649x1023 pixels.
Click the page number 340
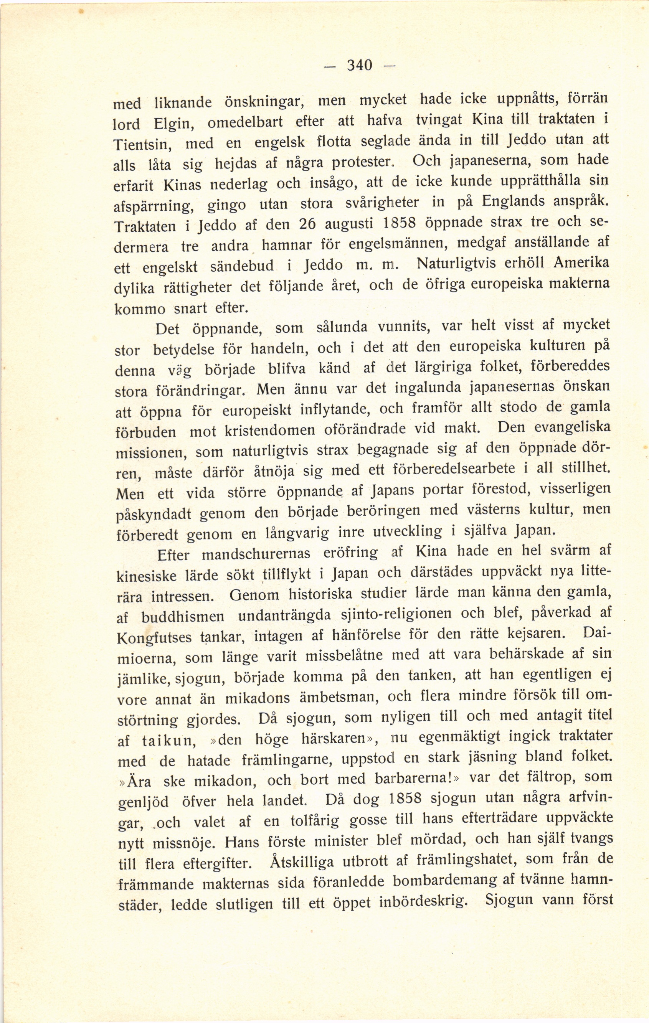360,65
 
